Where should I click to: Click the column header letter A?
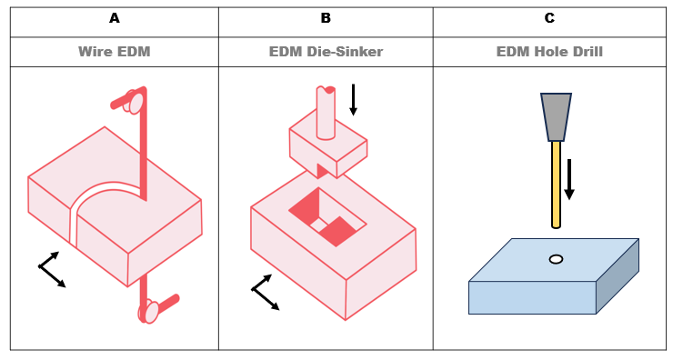click(115, 18)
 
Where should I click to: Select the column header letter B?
click(326, 18)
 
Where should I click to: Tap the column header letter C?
click(549, 18)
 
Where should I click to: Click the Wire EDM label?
click(115, 52)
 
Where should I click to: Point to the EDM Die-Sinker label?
click(326, 52)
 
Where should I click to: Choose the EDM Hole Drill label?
click(549, 52)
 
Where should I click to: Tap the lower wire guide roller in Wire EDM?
click(149, 312)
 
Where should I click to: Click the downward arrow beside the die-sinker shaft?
click(353, 100)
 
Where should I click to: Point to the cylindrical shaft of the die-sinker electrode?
click(326, 113)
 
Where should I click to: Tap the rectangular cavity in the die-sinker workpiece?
click(327, 216)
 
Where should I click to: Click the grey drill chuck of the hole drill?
click(556, 116)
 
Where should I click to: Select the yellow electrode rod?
click(556, 185)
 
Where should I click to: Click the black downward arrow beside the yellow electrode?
click(569, 179)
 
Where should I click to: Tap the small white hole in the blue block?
click(556, 259)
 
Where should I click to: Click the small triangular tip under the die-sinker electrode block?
click(321, 171)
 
